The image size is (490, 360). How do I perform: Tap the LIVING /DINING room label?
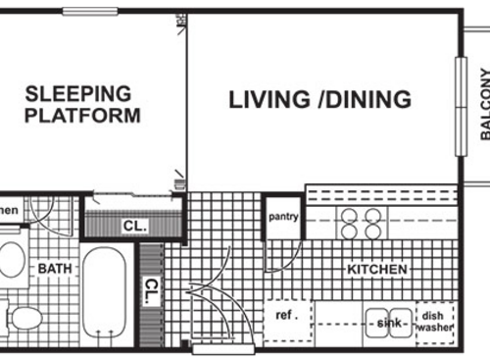pos(319,99)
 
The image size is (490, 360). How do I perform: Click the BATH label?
pos(54,268)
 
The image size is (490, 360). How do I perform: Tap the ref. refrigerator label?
pos(286,316)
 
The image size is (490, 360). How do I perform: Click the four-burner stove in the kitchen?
pos(362,225)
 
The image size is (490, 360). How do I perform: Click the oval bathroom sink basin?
pos(12,260)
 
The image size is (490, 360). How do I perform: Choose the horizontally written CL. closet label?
pos(134,226)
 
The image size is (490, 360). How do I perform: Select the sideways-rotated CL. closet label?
pos(151,290)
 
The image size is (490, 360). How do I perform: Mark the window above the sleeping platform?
pos(89,11)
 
